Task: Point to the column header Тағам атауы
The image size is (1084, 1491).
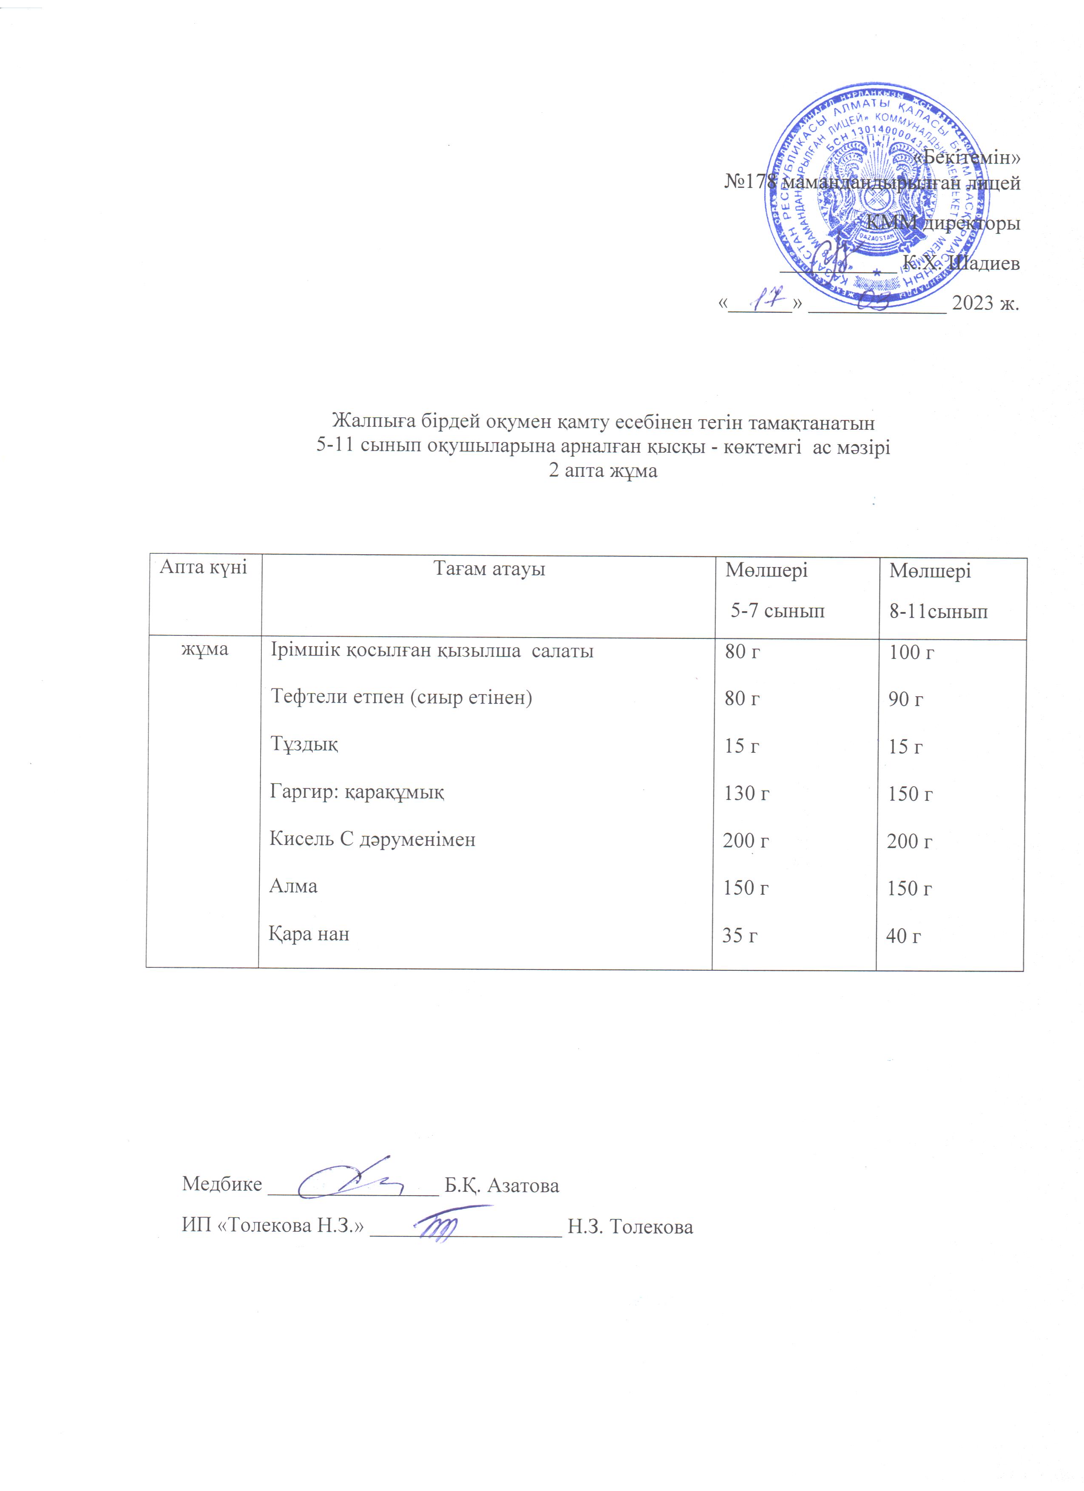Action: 489,569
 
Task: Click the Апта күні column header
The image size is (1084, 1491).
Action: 204,567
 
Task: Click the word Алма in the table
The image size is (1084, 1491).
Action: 293,886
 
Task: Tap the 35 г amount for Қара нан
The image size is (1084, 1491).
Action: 740,935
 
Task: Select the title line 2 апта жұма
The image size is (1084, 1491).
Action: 603,471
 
